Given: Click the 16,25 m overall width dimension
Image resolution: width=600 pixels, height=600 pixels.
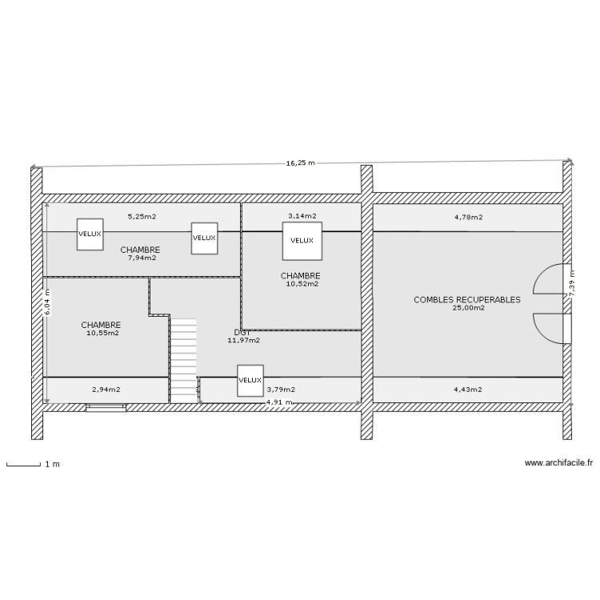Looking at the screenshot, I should (301, 163).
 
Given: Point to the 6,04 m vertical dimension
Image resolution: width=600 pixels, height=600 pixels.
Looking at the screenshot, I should (47, 302).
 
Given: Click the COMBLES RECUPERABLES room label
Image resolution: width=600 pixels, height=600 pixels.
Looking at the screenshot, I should (466, 300).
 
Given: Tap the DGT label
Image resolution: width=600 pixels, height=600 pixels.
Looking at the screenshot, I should (243, 332).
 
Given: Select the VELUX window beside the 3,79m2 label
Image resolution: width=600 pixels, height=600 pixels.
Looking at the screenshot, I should (250, 381).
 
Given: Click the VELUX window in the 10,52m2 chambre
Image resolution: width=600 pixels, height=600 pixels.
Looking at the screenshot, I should (302, 241).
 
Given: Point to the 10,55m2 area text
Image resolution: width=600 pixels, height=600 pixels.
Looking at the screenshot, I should (102, 333).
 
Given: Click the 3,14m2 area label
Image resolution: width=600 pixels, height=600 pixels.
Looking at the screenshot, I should (302, 216).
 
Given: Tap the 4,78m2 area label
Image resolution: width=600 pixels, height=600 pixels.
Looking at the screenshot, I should (467, 216).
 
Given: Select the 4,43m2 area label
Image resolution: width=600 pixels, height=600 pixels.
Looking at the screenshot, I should (467, 390).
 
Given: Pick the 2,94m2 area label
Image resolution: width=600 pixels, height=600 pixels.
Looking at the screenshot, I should (106, 390).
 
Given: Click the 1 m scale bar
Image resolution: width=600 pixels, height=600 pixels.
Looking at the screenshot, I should (23, 464).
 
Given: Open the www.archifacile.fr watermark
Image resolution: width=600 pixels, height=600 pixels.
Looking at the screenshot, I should (558, 462).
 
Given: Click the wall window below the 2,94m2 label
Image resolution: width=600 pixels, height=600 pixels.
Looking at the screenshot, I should (106, 407).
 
